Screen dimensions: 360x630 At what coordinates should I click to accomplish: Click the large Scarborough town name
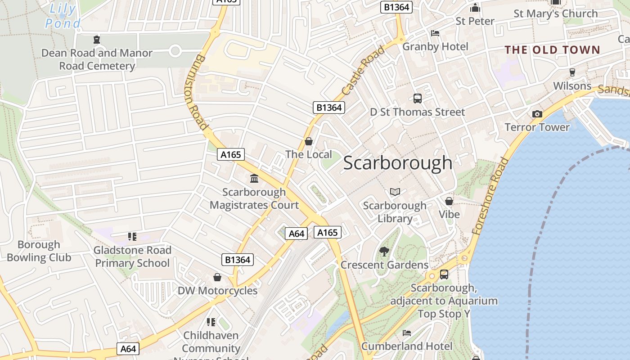pos(398,163)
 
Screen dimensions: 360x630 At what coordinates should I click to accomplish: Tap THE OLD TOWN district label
pos(552,50)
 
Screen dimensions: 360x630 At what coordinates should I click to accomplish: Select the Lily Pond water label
pos(63,16)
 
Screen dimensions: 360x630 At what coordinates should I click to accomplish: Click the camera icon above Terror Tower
pos(537,114)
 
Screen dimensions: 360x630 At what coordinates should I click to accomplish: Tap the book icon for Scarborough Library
pos(395,192)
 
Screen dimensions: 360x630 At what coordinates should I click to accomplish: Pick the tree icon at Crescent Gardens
pos(384,252)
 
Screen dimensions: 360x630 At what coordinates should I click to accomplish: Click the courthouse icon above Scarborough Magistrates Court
pos(254,179)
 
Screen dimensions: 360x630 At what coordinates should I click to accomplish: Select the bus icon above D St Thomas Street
pos(417,99)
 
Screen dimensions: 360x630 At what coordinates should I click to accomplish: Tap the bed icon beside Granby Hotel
pos(435,33)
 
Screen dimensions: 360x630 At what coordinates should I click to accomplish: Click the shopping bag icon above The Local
pos(309,142)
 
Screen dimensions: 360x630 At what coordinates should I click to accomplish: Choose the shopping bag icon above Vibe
pos(449,201)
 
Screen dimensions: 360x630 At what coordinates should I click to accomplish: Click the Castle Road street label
pos(364,70)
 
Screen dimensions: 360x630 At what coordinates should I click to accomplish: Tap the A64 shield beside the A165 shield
pos(297,234)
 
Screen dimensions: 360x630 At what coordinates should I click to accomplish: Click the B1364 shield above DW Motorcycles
pos(238,260)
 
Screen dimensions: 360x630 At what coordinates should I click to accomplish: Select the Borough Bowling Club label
pos(39,251)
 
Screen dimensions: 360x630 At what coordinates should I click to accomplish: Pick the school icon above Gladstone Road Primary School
pos(132,236)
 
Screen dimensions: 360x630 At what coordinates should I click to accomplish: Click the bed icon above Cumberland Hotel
pos(407,333)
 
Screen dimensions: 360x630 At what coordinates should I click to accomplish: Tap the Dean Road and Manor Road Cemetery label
pos(97,59)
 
